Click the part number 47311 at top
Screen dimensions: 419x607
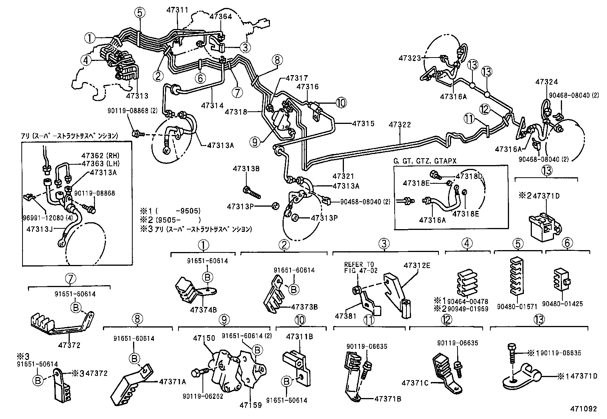(x=177, y=10)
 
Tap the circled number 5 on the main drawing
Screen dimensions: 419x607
(x=140, y=13)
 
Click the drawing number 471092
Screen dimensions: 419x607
(x=583, y=409)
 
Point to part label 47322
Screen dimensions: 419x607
(x=400, y=125)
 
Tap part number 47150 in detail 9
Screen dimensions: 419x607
(x=204, y=338)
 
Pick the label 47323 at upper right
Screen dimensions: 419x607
(x=410, y=58)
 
